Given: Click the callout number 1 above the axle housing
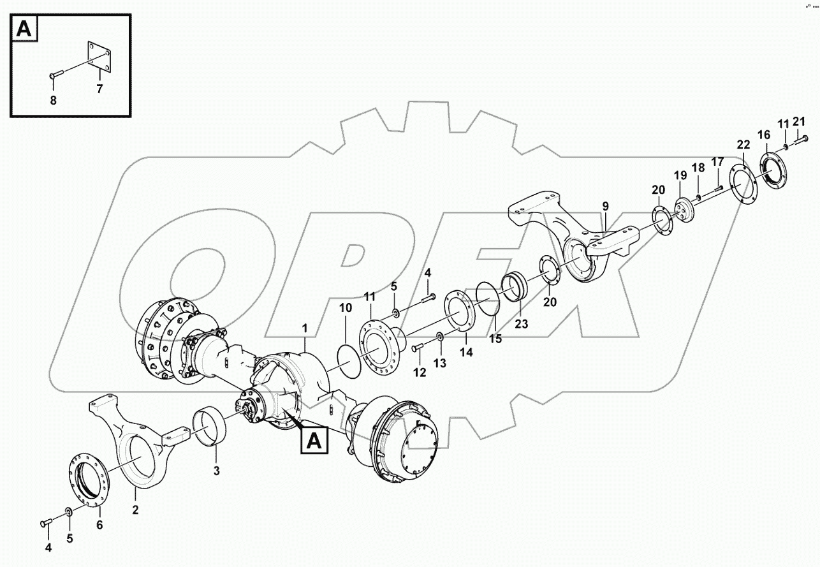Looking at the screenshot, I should pyautogui.click(x=305, y=328).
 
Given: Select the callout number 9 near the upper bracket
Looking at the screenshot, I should pyautogui.click(x=605, y=206).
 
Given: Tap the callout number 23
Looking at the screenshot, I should pyautogui.click(x=522, y=323).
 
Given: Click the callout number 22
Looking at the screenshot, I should pyautogui.click(x=743, y=144).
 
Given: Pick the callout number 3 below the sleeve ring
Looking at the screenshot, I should pyautogui.click(x=216, y=471).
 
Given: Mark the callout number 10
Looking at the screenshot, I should pyautogui.click(x=345, y=308).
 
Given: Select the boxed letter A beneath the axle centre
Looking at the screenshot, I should pyautogui.click(x=314, y=441).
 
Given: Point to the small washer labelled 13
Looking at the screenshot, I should pyautogui.click(x=440, y=337).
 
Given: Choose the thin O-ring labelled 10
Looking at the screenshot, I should pyautogui.click(x=346, y=361).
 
